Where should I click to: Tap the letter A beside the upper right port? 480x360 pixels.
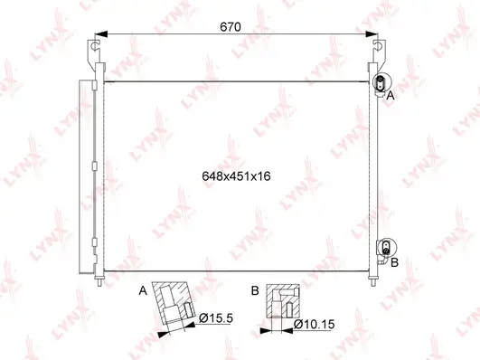(x=391, y=94)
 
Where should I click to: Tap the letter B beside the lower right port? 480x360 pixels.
(x=394, y=261)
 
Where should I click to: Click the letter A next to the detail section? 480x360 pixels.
(x=143, y=291)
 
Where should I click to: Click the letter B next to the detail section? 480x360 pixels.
(x=255, y=291)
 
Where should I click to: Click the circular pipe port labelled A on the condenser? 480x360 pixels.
(x=381, y=82)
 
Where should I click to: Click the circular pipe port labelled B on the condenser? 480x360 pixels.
(x=385, y=246)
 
